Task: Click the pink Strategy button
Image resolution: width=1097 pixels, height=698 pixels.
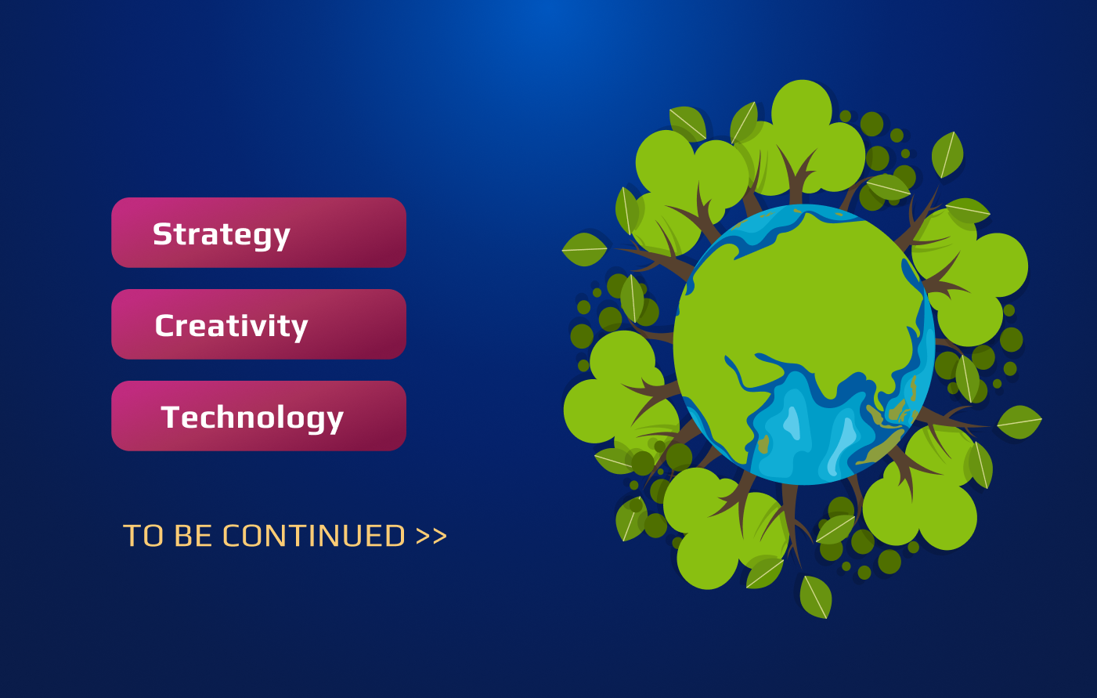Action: point(258,233)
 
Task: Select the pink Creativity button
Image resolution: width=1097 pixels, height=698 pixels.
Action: point(258,324)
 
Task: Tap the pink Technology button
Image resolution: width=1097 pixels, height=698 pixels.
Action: point(258,416)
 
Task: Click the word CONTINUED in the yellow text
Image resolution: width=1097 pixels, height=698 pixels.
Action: point(314,535)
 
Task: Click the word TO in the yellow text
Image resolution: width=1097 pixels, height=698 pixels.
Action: point(143,535)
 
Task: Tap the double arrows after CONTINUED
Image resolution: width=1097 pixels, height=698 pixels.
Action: point(431,536)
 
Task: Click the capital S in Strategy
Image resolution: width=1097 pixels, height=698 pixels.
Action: point(162,233)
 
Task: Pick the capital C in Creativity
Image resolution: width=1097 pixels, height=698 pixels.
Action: point(165,325)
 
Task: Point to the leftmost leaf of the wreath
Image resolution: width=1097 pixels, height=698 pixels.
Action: point(584,249)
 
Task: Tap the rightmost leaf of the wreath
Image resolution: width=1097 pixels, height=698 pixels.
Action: point(1019,421)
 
